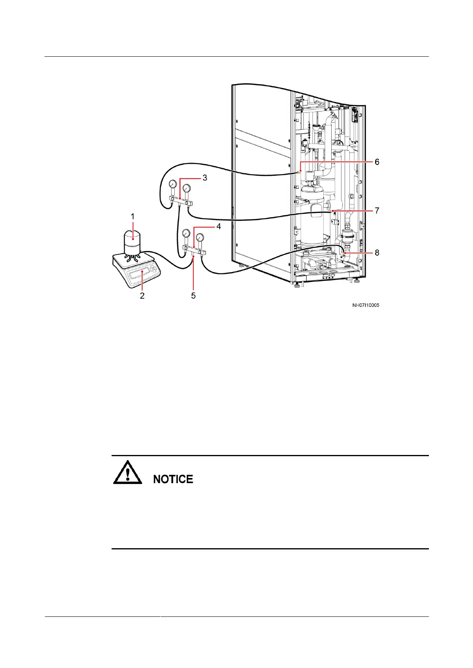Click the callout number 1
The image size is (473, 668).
click(133, 217)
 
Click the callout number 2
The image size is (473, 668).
click(142, 296)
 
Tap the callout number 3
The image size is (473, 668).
click(205, 178)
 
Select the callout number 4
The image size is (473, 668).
click(218, 227)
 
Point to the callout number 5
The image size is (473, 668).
click(193, 296)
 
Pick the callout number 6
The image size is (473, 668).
click(376, 162)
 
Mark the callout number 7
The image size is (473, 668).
click(376, 210)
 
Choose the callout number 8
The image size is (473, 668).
click(376, 252)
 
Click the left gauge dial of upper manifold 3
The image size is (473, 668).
click(173, 184)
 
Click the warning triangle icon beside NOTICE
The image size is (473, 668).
click(127, 472)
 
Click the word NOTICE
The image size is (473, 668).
click(173, 479)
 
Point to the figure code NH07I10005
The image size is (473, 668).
click(365, 305)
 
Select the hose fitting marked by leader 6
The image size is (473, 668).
click(299, 173)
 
